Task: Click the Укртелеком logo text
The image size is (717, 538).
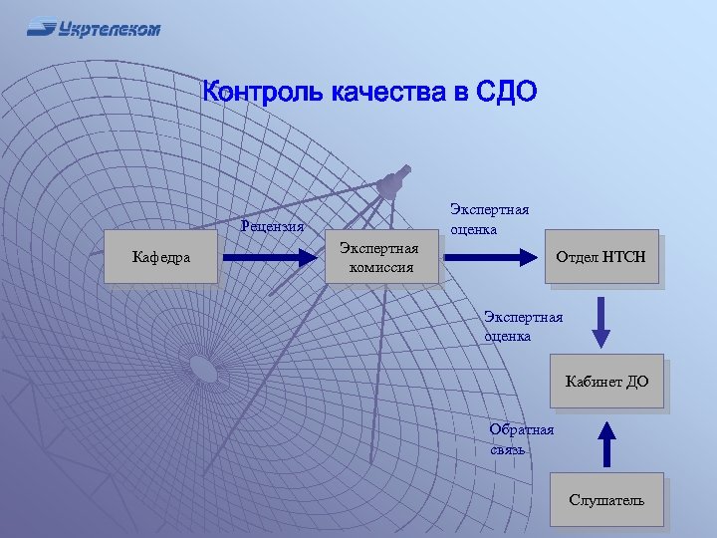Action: pyautogui.click(x=109, y=29)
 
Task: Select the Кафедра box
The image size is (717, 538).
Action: pyautogui.click(x=161, y=258)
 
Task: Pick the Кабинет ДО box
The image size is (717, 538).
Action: pyautogui.click(x=606, y=382)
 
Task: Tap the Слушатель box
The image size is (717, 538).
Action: pyautogui.click(x=606, y=499)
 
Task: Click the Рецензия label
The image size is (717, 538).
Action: pyautogui.click(x=272, y=225)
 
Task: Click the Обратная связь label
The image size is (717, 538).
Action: pyautogui.click(x=521, y=439)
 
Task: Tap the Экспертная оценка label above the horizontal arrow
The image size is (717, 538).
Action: pyautogui.click(x=489, y=218)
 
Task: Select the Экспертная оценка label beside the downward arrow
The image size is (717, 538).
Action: pyautogui.click(x=523, y=327)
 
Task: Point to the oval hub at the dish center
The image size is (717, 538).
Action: pyautogui.click(x=203, y=370)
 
